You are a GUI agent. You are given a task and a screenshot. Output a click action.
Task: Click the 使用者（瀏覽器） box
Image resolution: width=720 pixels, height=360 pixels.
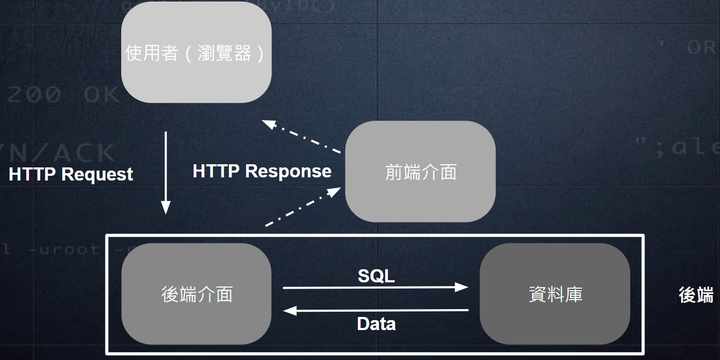click(x=196, y=52)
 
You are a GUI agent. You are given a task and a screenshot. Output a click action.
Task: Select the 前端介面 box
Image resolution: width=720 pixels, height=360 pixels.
click(x=420, y=172)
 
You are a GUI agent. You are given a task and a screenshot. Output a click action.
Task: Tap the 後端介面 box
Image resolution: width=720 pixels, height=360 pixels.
click(x=196, y=294)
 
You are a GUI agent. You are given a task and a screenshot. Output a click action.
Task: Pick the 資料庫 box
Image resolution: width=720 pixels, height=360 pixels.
click(x=555, y=294)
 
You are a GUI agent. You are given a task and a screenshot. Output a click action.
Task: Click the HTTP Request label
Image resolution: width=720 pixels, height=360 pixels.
click(x=71, y=174)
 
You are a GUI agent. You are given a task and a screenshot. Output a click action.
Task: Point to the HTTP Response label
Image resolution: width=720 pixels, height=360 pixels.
click(x=262, y=171)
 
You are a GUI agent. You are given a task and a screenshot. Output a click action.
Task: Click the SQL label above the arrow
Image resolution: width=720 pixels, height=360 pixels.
click(x=376, y=276)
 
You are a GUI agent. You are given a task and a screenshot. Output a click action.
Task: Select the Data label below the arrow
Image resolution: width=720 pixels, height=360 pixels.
click(x=376, y=324)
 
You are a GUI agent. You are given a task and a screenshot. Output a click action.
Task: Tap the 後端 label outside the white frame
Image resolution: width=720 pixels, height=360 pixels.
click(x=696, y=295)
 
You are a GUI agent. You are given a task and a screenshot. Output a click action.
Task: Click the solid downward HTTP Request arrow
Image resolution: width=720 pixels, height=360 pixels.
click(x=166, y=168)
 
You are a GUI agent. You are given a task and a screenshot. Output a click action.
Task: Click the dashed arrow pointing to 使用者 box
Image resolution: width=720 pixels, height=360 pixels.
click(x=302, y=137)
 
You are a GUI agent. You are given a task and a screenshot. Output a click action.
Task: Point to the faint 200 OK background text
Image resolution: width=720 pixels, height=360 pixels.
click(x=63, y=94)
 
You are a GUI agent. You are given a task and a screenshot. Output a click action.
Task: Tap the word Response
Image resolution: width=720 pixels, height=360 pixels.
click(x=288, y=171)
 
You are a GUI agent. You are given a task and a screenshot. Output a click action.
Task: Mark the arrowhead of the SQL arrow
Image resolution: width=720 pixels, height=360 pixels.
click(x=462, y=287)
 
